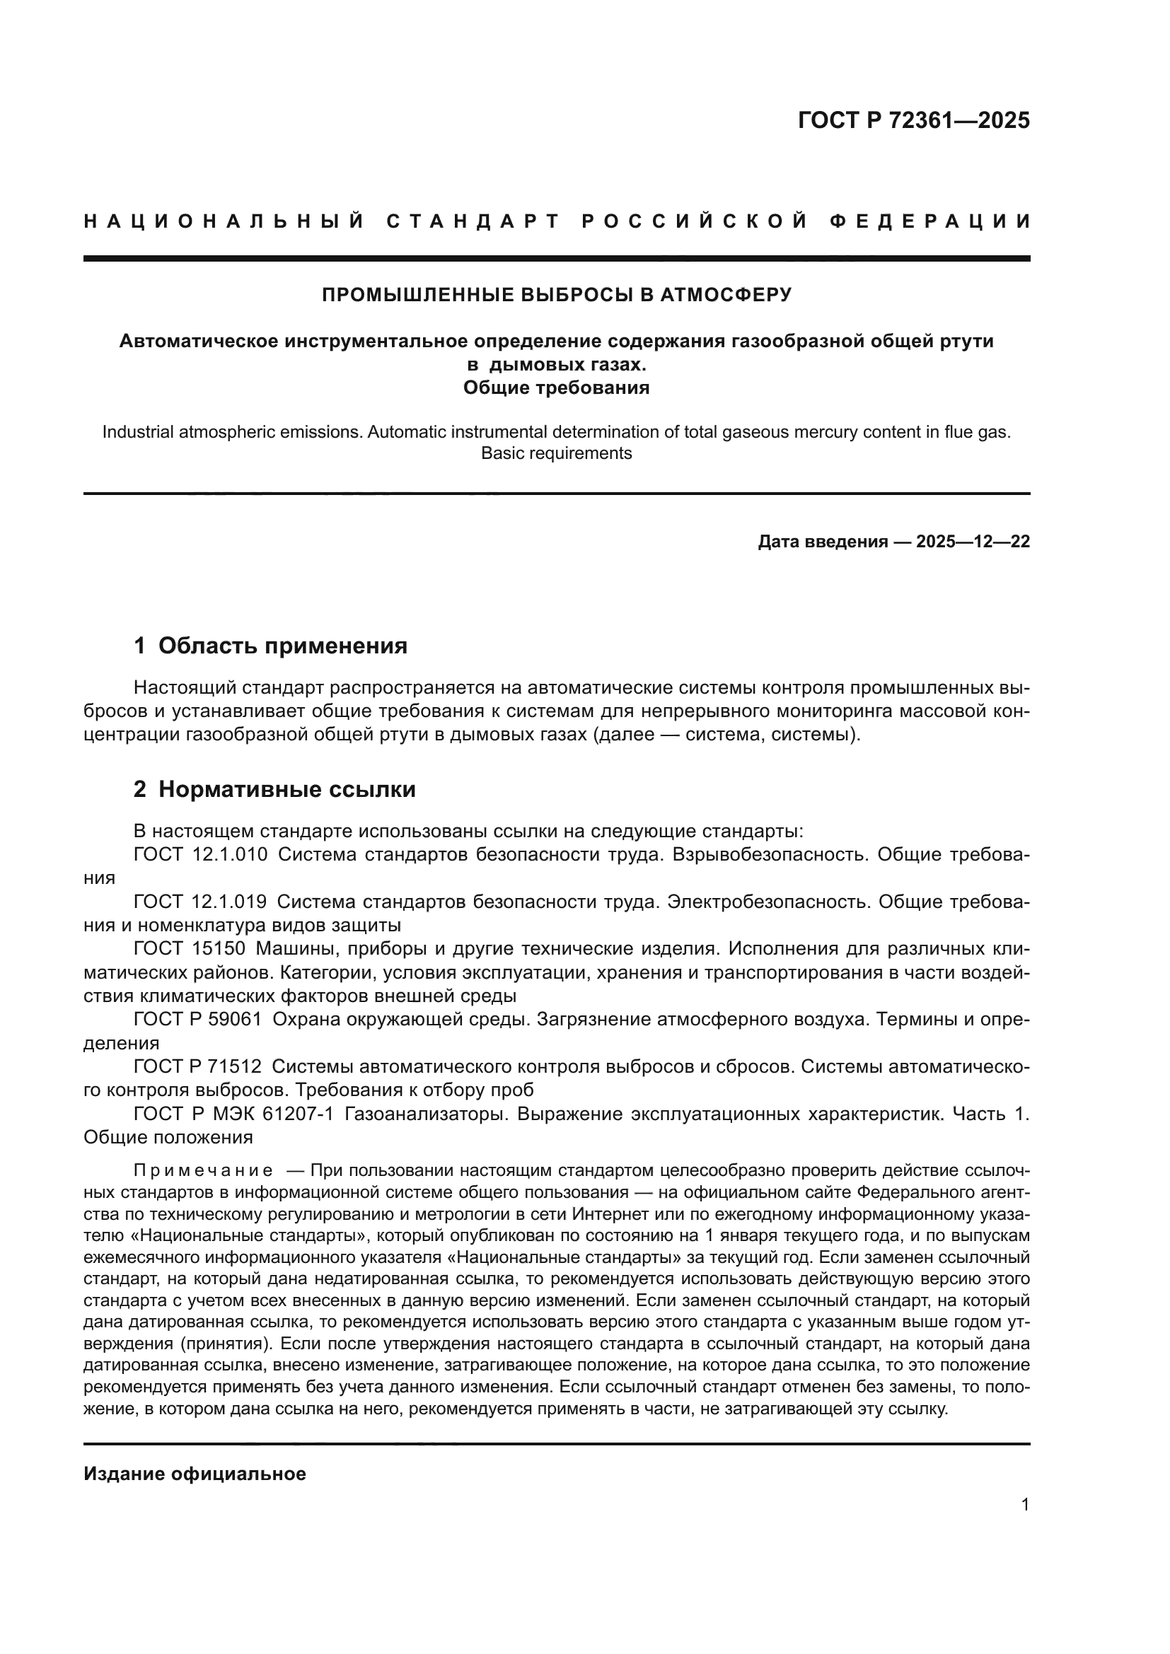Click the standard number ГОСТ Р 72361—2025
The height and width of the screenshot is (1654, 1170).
point(913,120)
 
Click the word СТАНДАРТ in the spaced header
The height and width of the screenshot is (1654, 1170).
point(473,221)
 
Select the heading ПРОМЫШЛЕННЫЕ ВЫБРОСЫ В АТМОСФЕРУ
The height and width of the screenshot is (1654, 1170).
point(556,295)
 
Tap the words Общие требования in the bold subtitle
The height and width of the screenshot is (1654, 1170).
point(556,388)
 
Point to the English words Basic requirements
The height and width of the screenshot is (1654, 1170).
point(556,453)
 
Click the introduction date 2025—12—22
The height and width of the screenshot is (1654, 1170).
point(973,542)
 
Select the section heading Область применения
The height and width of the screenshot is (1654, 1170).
point(282,646)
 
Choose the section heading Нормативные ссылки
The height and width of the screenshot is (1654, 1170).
point(286,790)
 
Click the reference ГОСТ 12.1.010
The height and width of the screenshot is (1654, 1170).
point(200,855)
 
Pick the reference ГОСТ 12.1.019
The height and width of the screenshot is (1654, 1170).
point(200,902)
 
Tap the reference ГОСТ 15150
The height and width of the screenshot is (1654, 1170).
point(190,949)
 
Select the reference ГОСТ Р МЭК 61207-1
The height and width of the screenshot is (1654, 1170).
point(233,1114)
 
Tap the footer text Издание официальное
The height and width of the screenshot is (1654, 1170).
point(195,1474)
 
